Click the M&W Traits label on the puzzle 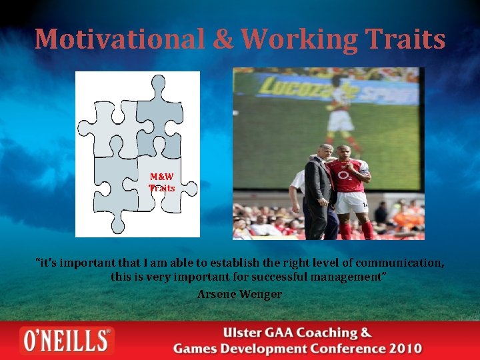point(162,183)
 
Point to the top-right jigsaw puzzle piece point(160,113)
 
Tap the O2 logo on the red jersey point(345,175)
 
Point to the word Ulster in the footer point(245,333)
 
